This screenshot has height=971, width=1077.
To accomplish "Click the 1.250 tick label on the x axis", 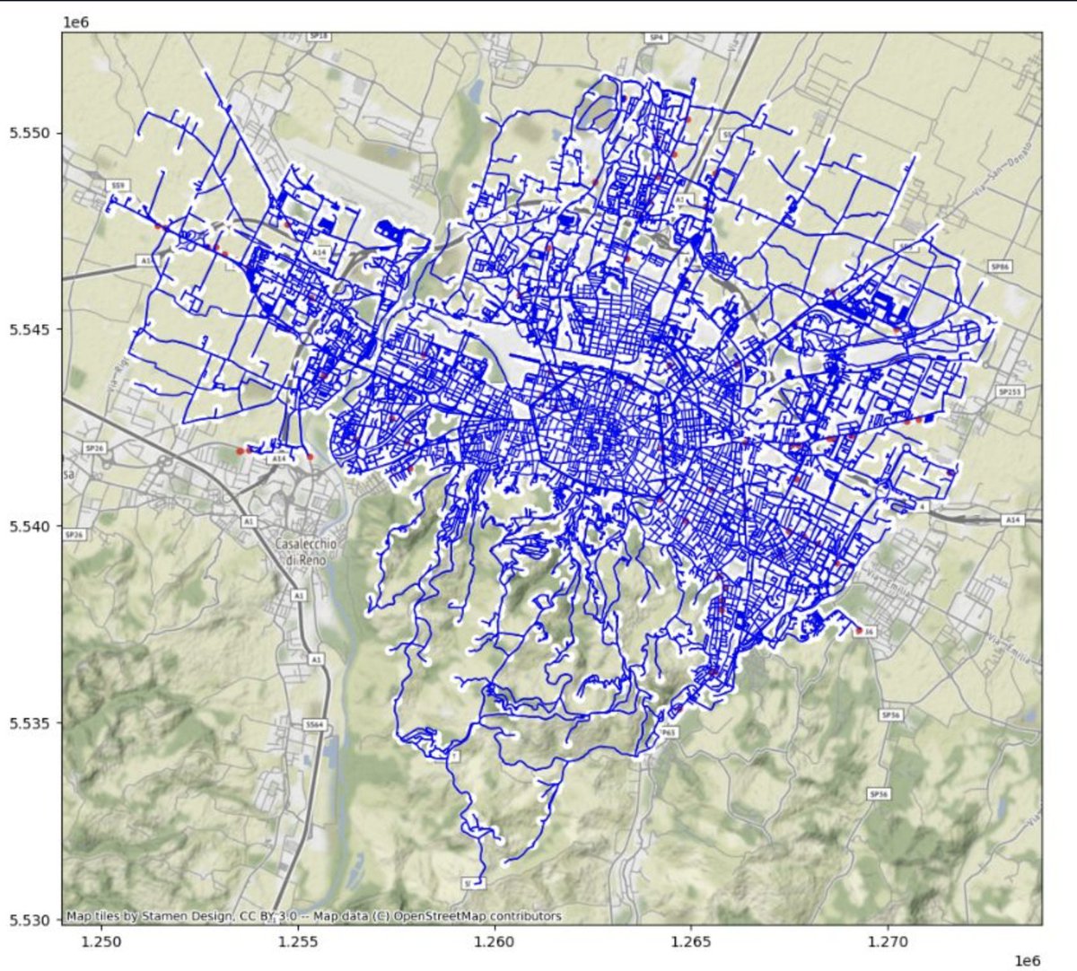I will (x=101, y=941).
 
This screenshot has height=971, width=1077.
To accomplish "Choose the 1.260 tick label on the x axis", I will (x=495, y=941).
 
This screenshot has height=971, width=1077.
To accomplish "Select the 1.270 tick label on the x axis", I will (x=889, y=941).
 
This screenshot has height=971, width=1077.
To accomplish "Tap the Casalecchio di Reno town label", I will (x=299, y=551).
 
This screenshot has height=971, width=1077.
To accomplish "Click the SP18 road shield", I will (x=318, y=37).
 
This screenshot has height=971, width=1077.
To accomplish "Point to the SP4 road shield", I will (x=656, y=38).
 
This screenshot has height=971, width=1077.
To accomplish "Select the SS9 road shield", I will (x=118, y=186).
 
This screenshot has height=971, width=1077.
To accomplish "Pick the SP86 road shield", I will (x=999, y=267).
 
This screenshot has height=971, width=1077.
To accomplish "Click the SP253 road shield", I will (x=1010, y=392).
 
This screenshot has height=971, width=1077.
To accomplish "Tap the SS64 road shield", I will (x=313, y=723).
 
